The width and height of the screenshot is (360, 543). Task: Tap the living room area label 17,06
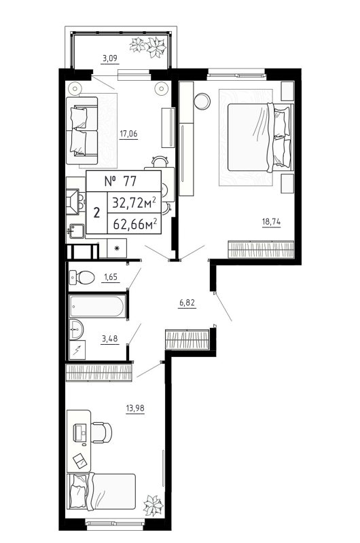pyautogui.click(x=128, y=134)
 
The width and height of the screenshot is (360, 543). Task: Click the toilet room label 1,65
pyautogui.click(x=110, y=276)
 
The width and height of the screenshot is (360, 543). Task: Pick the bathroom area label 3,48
pyautogui.click(x=109, y=339)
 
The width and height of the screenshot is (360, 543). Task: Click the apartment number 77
pyautogui.click(x=122, y=181)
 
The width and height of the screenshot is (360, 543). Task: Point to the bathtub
pyautogui.click(x=97, y=307)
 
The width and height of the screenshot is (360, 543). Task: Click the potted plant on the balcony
pyautogui.click(x=150, y=45)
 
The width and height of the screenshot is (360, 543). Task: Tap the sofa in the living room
pyautogui.click(x=84, y=131)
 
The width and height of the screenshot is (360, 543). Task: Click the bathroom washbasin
pyautogui.click(x=77, y=331)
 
